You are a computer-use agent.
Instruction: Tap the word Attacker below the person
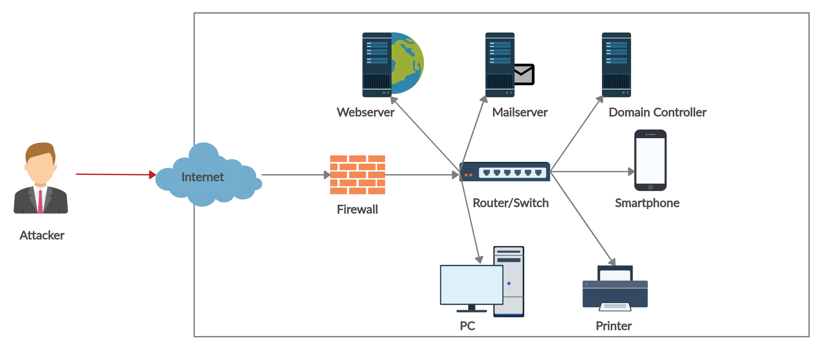click(x=42, y=235)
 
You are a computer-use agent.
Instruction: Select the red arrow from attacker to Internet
click(x=113, y=174)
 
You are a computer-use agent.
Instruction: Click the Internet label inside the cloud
click(x=203, y=177)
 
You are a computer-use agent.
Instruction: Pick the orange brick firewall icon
click(x=357, y=175)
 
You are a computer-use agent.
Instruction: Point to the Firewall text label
click(x=357, y=209)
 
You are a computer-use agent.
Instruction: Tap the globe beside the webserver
click(x=408, y=63)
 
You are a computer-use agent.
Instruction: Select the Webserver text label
click(x=365, y=112)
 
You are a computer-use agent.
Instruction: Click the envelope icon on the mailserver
click(x=524, y=74)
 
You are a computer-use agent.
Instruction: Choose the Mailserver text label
click(x=520, y=112)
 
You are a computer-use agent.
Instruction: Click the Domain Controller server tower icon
click(x=616, y=65)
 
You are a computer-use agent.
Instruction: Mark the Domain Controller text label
click(x=657, y=112)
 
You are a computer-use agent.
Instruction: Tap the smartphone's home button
click(x=650, y=187)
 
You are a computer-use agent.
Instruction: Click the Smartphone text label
click(x=647, y=203)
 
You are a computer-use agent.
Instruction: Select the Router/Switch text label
click(x=511, y=203)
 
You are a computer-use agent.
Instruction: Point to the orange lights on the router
click(x=468, y=175)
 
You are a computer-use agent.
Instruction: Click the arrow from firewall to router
click(x=421, y=175)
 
